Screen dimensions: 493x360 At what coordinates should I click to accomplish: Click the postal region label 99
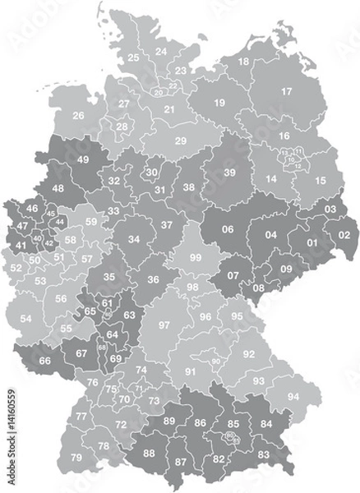195,257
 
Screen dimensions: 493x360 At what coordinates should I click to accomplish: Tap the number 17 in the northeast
287,91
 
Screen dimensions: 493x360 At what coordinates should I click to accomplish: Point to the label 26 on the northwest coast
79,116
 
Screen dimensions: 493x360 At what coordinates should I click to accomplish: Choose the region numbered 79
76,457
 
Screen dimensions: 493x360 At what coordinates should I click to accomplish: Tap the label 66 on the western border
45,361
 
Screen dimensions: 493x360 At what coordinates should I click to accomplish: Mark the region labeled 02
343,234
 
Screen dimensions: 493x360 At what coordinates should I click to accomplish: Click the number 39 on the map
230,171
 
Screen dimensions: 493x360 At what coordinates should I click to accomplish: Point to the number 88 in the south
149,453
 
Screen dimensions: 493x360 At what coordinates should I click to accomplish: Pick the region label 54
26,318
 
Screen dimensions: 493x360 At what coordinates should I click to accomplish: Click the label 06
228,229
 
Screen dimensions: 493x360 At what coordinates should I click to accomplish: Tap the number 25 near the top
133,58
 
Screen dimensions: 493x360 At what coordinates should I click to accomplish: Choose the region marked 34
132,241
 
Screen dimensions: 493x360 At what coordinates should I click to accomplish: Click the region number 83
263,454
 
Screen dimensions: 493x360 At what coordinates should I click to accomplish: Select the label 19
219,103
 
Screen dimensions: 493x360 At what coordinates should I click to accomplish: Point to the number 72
121,424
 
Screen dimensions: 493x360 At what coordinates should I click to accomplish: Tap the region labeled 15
320,180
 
